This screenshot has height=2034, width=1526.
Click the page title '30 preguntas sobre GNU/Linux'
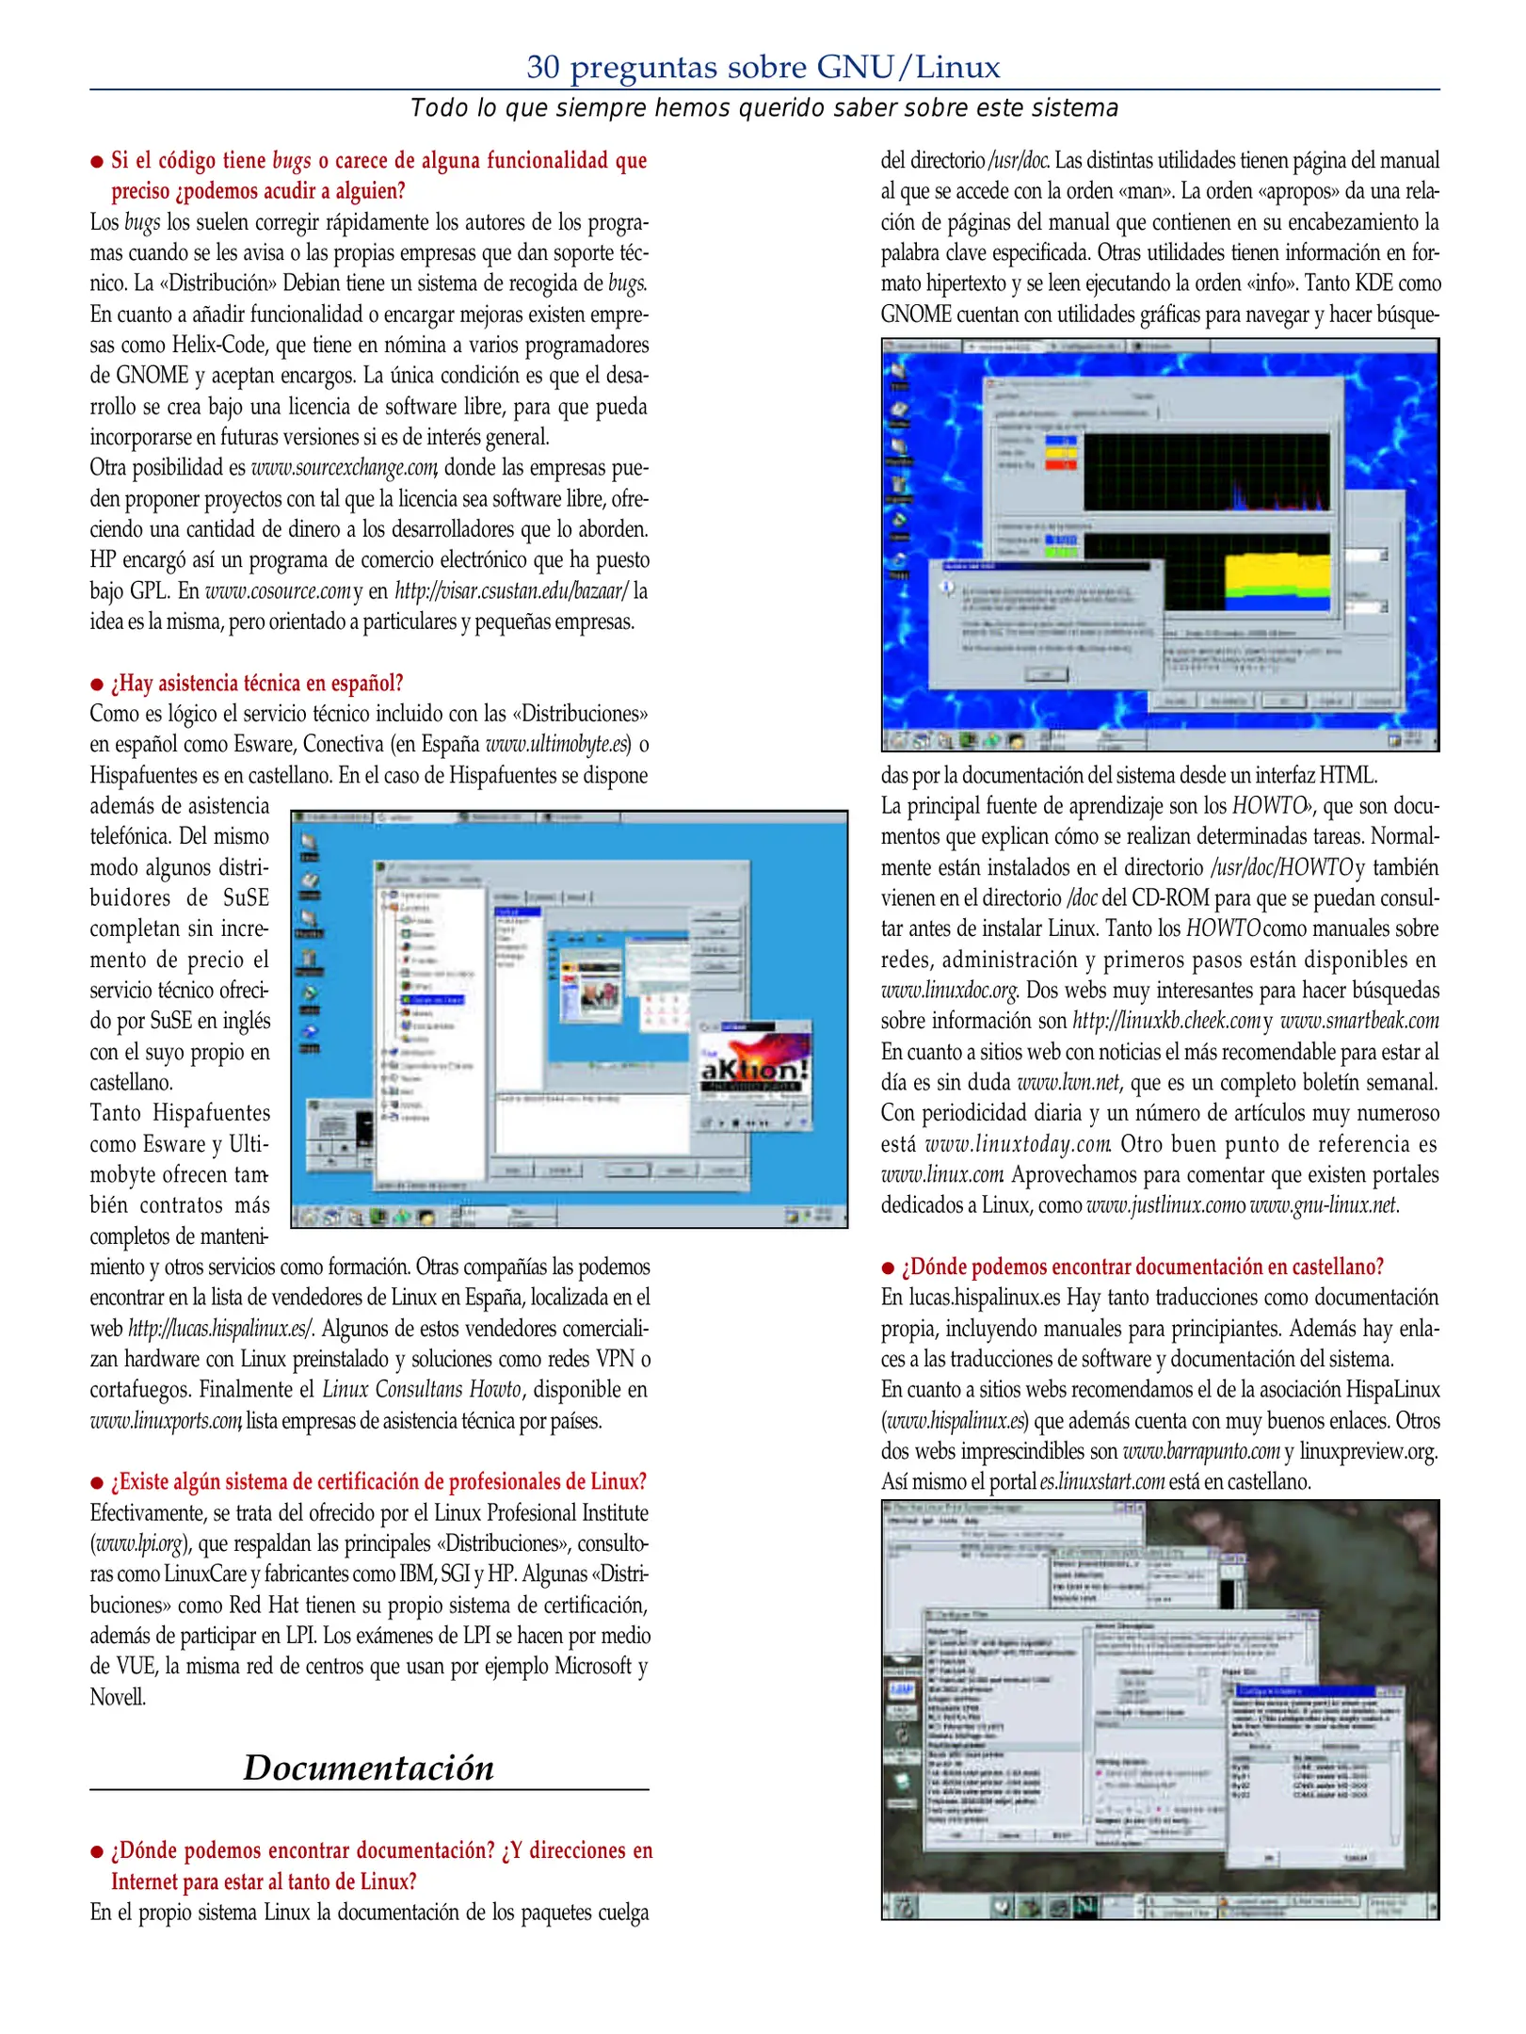[x=763, y=67]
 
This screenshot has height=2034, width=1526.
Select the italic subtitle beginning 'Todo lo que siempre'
[x=763, y=108]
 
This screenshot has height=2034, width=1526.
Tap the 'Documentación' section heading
[x=368, y=1768]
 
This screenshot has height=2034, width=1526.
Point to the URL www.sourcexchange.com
[x=344, y=468]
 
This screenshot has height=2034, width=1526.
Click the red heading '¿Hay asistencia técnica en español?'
[x=257, y=683]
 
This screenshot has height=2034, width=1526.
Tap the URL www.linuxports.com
[x=166, y=1421]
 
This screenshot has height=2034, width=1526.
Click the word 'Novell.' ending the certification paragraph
[x=118, y=1697]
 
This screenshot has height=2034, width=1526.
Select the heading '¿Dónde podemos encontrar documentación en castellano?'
[x=1142, y=1267]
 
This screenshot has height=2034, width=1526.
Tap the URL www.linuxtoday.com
[x=1018, y=1144]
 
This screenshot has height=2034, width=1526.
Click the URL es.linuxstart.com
[x=1102, y=1482]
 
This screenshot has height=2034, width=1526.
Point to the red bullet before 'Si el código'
[x=96, y=162]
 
